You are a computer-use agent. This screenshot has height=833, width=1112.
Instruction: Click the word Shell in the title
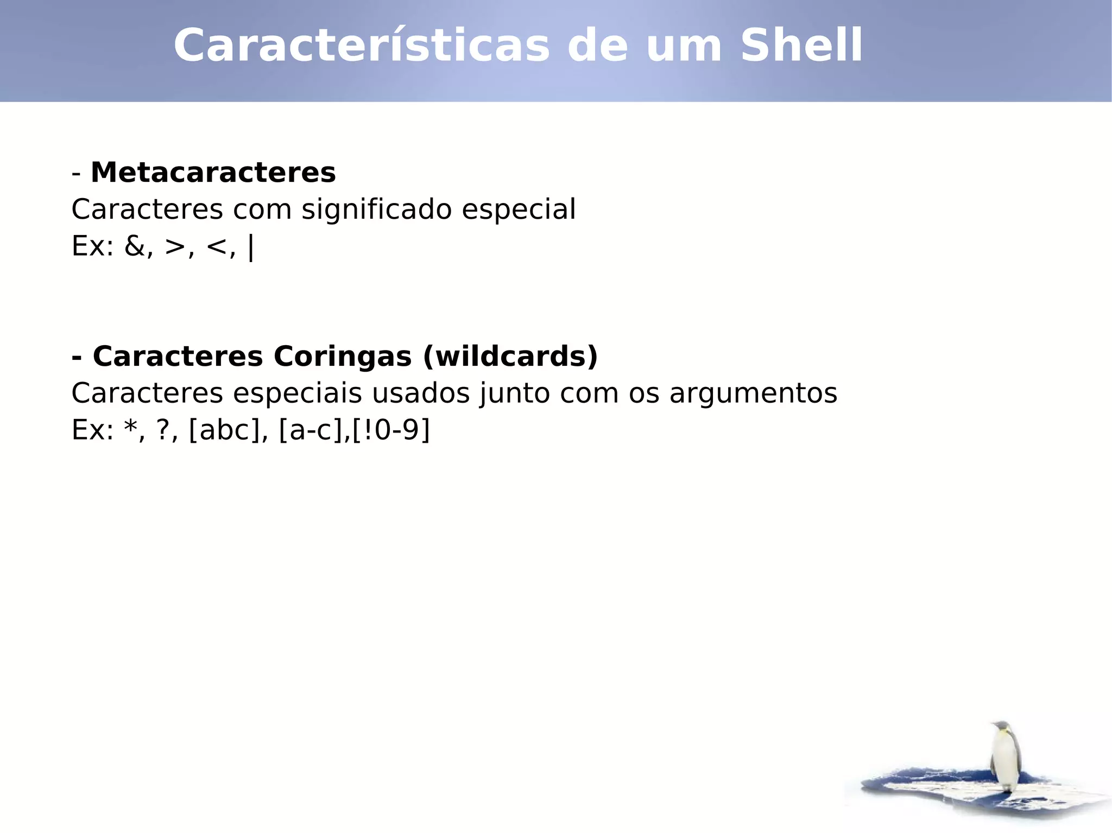801,46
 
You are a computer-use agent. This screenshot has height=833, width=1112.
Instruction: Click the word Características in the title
362,46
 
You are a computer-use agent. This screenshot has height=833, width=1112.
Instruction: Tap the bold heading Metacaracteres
213,173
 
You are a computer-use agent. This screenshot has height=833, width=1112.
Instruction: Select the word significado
377,209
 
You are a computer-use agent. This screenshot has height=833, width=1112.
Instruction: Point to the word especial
519,209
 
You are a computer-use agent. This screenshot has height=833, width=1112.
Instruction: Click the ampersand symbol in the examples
135,246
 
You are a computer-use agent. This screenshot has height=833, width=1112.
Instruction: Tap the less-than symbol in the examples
217,246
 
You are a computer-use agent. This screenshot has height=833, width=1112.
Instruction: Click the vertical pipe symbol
250,247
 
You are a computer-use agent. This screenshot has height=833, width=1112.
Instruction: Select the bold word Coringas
343,357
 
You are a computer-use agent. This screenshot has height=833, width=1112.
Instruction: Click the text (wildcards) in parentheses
510,357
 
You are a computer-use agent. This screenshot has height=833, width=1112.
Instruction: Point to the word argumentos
753,393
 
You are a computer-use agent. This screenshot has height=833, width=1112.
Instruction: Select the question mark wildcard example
163,430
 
